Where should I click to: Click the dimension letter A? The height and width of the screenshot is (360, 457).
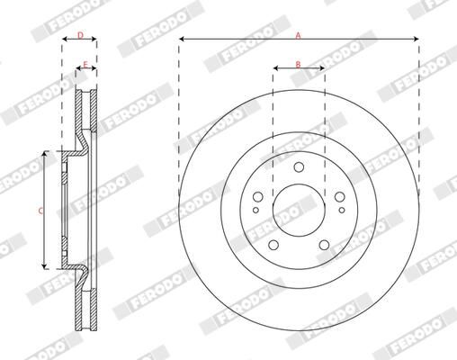tap(298, 33)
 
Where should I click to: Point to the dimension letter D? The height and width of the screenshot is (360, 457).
tap(79, 36)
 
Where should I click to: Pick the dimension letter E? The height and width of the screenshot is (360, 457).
tap(85, 65)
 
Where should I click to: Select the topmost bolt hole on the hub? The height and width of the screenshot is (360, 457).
tap(298, 166)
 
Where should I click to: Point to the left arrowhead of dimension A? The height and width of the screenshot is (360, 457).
tap(182, 40)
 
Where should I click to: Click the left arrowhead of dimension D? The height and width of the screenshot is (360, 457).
tap(64, 41)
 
